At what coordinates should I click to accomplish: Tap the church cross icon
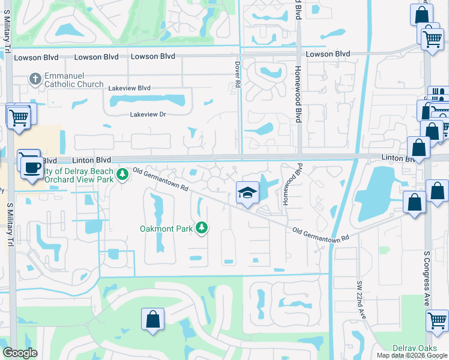(x=35, y=77)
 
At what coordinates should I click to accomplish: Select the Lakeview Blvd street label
(x=129, y=88)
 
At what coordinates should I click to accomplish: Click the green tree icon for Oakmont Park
(x=203, y=227)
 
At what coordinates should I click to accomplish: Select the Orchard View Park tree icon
(x=122, y=175)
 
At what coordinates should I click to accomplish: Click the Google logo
(x=20, y=353)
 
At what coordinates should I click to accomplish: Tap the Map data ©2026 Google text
(x=411, y=355)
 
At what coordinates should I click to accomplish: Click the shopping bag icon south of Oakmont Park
(x=152, y=319)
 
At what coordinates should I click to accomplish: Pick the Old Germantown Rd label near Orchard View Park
(x=161, y=179)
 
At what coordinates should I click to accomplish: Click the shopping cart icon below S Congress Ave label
(x=437, y=320)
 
